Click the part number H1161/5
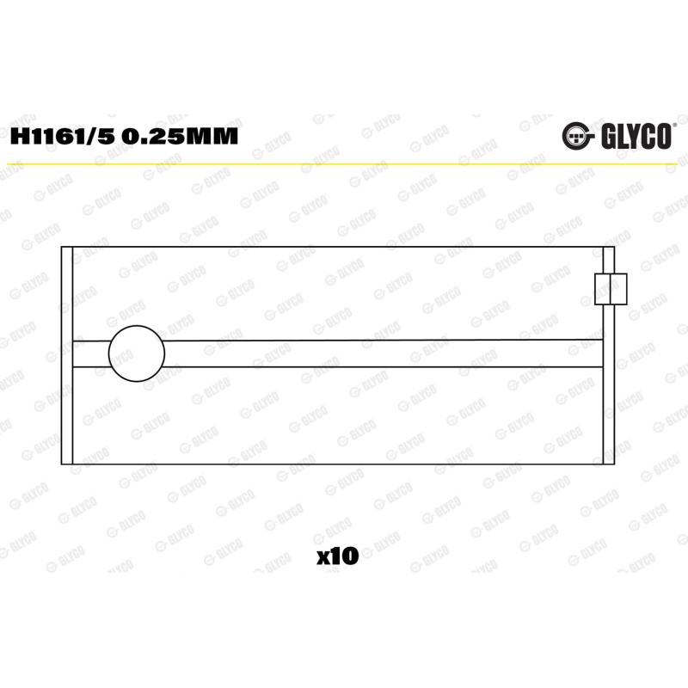click(x=62, y=136)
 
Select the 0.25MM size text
click(x=180, y=136)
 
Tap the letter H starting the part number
click(x=19, y=136)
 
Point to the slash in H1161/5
click(x=91, y=136)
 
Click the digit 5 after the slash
click(x=106, y=136)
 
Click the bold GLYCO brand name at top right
click(x=636, y=137)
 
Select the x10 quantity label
click(x=337, y=556)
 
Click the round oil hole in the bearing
click(x=137, y=353)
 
